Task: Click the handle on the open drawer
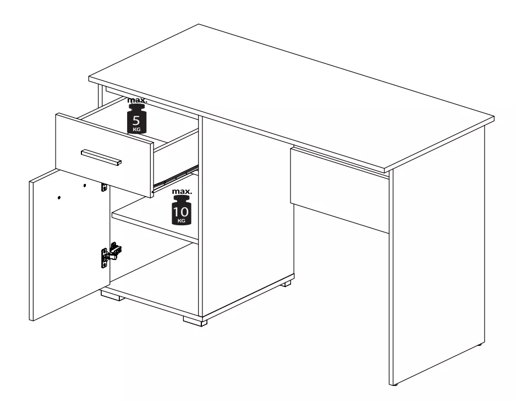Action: click(101, 157)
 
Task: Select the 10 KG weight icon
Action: click(182, 210)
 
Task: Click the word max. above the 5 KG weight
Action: click(137, 100)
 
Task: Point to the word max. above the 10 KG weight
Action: click(182, 192)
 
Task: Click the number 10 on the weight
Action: click(182, 211)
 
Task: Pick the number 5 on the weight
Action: click(136, 120)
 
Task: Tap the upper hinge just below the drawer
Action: click(105, 187)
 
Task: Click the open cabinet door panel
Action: click(69, 244)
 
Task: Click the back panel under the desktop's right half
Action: click(339, 190)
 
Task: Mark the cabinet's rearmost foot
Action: click(287, 284)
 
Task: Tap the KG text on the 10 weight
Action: click(182, 220)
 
